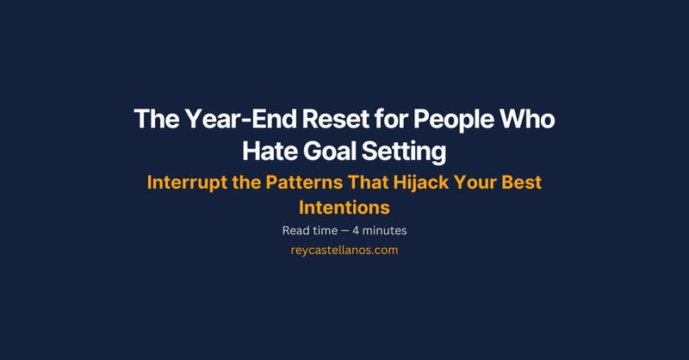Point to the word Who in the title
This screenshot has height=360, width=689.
528,121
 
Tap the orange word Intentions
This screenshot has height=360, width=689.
344,208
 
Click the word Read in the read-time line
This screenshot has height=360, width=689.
295,231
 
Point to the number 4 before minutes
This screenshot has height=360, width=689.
359,231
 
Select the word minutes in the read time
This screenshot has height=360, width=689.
387,231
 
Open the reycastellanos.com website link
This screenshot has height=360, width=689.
344,251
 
